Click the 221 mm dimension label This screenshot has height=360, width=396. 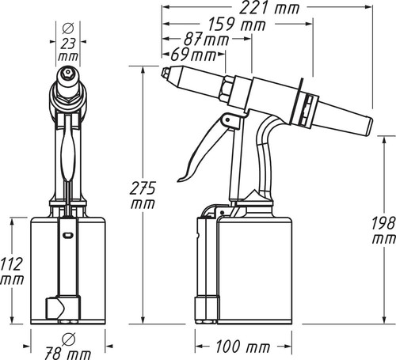pos(269,8)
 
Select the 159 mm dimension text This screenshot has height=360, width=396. pos(237,25)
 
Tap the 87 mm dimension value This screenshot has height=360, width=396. pos(206,40)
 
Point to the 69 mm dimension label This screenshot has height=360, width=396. pos(193,55)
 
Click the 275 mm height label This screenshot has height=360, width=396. pos(143,195)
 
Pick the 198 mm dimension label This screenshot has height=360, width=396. pos(384,230)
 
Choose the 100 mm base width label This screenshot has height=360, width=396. pos(243,347)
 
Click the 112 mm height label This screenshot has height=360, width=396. pos(12,271)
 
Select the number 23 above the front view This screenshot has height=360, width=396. pos(68,44)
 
